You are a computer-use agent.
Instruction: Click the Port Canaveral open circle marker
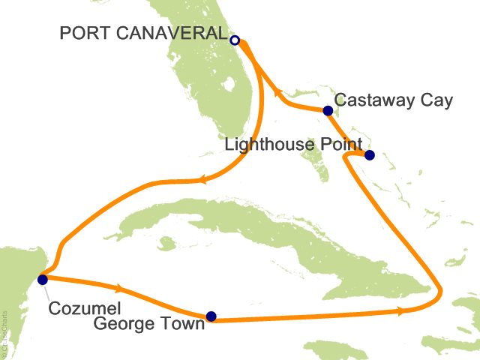click(x=235, y=40)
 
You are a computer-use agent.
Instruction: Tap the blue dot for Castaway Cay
click(x=328, y=111)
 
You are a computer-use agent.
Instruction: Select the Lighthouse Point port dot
click(x=368, y=155)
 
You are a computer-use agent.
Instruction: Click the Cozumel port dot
click(x=42, y=280)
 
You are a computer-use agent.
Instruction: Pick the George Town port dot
click(x=211, y=316)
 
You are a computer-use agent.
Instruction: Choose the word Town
click(x=183, y=325)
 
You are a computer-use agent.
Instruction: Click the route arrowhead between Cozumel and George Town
click(x=118, y=288)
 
